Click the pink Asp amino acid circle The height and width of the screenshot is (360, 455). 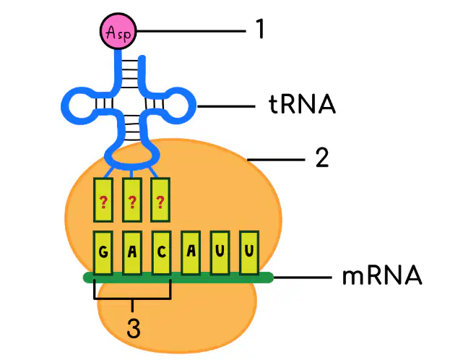(118, 31)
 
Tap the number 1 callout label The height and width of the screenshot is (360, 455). (261, 28)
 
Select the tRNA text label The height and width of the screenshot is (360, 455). (302, 104)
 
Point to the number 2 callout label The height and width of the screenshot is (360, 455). (322, 157)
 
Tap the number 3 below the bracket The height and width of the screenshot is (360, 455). (134, 327)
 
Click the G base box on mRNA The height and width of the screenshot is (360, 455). (103, 253)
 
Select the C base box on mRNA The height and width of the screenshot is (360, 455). (161, 253)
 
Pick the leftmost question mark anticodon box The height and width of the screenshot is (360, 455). (103, 200)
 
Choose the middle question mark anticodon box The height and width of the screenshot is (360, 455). (132, 200)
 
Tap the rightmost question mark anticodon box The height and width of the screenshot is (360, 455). (160, 200)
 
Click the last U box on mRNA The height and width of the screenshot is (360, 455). (249, 252)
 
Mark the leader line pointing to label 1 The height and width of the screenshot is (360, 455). (191, 31)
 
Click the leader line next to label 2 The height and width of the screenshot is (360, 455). (276, 160)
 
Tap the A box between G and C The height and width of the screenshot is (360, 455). (132, 253)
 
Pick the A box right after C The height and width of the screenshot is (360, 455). (191, 252)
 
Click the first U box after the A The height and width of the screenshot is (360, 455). (220, 252)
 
